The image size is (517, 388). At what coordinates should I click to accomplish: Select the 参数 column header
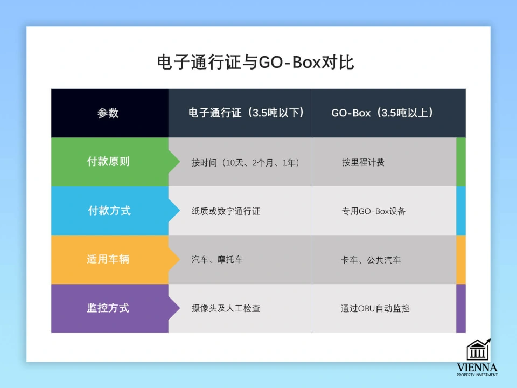point(108,113)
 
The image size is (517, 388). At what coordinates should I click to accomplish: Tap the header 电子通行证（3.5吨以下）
point(246,113)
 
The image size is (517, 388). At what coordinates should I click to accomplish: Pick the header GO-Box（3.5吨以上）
point(382,113)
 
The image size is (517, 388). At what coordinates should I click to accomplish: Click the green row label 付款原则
point(108,162)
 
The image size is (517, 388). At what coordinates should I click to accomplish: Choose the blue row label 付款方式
point(109,211)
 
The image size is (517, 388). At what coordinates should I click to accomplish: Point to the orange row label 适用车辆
point(108,259)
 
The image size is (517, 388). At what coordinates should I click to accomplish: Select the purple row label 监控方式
point(108,308)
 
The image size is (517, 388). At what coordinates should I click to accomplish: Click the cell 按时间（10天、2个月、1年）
point(245,162)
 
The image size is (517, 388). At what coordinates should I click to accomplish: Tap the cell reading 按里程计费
point(363,162)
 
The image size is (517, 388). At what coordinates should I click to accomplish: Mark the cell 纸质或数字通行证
point(226,211)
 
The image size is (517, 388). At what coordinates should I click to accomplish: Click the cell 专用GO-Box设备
point(374,211)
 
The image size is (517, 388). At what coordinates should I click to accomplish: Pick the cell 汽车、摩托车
point(217,260)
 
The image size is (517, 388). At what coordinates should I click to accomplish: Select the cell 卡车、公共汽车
point(371,260)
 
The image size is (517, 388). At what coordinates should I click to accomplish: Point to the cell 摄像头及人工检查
point(226,309)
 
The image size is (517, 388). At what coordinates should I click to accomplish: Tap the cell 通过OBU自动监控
point(375,309)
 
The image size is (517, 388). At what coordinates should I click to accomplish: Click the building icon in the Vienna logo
point(478,350)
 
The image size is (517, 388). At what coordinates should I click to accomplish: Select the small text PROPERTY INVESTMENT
point(477,375)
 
